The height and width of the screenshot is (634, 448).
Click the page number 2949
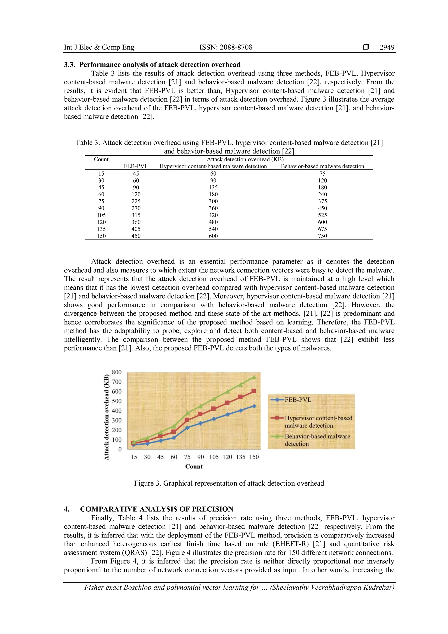387,47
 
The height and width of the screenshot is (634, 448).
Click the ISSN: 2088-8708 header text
226,47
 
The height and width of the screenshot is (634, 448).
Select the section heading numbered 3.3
152,65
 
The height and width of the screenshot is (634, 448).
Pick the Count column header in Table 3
101,159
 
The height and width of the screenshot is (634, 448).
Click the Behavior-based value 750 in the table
322,236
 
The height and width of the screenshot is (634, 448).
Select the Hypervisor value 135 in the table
213,187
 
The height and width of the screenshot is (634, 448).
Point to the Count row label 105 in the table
101,215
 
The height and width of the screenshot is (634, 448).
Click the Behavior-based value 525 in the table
322,215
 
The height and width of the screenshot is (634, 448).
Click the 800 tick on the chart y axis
117,372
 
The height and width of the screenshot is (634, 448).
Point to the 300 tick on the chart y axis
117,420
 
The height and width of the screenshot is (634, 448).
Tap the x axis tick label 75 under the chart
187,457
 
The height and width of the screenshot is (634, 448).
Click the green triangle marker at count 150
254,377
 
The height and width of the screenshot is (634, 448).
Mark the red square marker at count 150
254,391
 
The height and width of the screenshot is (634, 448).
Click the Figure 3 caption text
229,483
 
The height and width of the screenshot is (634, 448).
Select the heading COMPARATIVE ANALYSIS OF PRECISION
156,509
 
